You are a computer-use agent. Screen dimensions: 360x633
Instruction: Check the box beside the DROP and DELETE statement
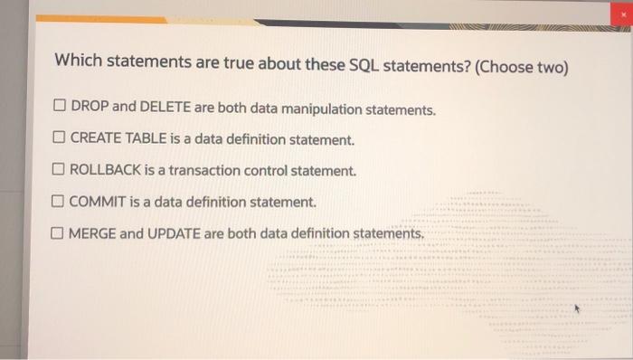pyautogui.click(x=59, y=108)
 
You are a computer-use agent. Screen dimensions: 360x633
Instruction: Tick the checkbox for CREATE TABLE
pyautogui.click(x=59, y=139)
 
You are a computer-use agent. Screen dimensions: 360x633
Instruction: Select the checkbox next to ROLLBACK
pyautogui.click(x=59, y=170)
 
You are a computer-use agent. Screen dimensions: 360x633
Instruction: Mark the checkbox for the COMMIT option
pyautogui.click(x=59, y=202)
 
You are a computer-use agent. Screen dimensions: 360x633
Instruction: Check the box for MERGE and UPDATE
pyautogui.click(x=59, y=233)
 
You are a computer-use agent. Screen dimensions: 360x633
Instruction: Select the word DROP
pyautogui.click(x=89, y=108)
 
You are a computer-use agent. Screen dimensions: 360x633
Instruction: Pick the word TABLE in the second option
pyautogui.click(x=143, y=139)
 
